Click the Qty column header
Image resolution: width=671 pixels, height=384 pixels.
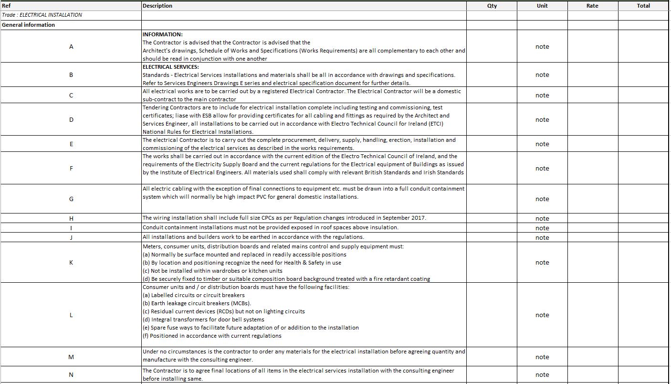(x=492, y=6)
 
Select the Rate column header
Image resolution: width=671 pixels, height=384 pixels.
(x=592, y=6)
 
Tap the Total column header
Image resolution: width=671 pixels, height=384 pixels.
(x=643, y=6)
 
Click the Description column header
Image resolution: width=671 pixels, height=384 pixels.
(x=157, y=6)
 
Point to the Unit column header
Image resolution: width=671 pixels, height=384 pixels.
(x=542, y=6)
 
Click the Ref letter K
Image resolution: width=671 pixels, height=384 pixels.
(x=71, y=263)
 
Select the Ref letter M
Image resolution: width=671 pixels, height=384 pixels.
(x=71, y=357)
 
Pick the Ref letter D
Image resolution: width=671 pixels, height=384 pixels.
(x=71, y=120)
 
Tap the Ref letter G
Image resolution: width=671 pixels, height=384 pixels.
(x=71, y=199)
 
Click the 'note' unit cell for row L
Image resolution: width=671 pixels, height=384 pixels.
(x=542, y=315)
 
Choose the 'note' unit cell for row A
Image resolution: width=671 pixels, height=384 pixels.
(x=542, y=47)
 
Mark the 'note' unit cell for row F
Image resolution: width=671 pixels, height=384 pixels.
(x=542, y=169)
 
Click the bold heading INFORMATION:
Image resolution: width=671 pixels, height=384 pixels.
(x=162, y=34)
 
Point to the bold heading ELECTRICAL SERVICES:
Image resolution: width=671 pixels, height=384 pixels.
(x=170, y=67)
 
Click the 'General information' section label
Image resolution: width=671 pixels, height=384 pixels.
(x=28, y=25)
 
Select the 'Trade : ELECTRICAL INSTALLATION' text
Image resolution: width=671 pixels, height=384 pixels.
(x=42, y=15)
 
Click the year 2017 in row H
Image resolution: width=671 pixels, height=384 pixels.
(x=419, y=218)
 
